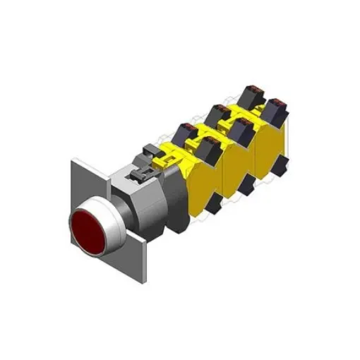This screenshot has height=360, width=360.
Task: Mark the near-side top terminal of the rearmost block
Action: coord(275,107)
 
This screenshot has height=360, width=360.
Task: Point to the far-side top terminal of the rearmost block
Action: coord(250,94)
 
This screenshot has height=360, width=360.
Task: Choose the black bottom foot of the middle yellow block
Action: coord(247,185)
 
